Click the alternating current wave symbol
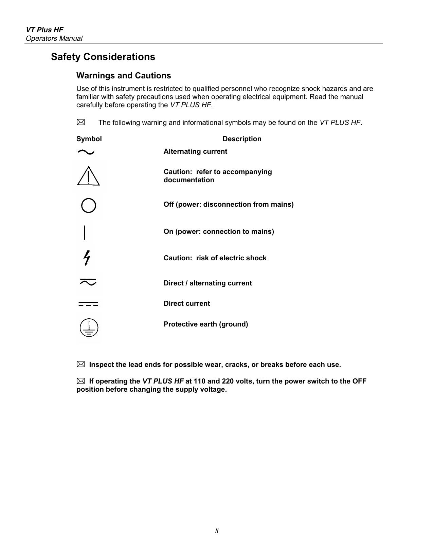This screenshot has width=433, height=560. (86, 152)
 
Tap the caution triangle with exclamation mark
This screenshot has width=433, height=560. (88, 176)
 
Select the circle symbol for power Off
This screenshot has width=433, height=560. (89, 205)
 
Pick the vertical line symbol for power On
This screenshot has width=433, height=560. (85, 232)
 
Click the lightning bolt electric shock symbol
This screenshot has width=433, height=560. (87, 258)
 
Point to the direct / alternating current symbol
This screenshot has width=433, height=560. (88, 282)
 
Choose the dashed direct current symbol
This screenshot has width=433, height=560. (88, 304)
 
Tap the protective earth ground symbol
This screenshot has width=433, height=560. (89, 328)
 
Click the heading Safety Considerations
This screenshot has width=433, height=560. (103, 57)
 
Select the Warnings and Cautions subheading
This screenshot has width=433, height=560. (124, 75)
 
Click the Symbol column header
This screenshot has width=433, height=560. (89, 139)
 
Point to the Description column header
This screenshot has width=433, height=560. (242, 139)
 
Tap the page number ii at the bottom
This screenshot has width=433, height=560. (217, 530)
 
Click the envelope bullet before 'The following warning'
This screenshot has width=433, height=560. (81, 122)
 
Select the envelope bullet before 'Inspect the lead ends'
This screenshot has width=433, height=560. (80, 364)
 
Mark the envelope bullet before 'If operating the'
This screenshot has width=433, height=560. (80, 381)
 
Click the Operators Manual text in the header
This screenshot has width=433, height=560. (54, 38)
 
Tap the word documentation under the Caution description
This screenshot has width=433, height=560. (189, 180)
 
